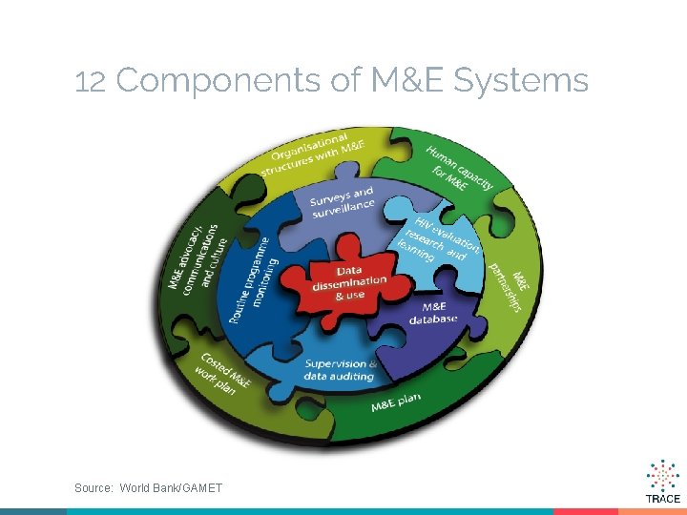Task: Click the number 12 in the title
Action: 90,82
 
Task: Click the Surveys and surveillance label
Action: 342,201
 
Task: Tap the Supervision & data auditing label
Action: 340,370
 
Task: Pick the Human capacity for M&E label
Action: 458,168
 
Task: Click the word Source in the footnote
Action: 94,488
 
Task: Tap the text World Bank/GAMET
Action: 171,488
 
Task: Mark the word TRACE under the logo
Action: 662,499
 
